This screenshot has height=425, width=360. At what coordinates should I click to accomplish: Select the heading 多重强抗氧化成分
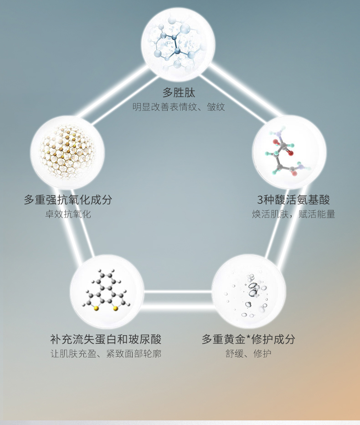[x=68, y=200]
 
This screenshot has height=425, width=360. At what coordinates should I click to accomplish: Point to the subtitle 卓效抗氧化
[x=68, y=214]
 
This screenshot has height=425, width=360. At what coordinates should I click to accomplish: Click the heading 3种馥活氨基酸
[x=293, y=200]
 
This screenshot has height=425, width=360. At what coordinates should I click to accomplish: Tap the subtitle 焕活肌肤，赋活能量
[x=293, y=214]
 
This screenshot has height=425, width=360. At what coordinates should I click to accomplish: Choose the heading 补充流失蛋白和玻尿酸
[x=106, y=339]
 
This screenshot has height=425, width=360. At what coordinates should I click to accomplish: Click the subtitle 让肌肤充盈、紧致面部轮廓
[x=106, y=354]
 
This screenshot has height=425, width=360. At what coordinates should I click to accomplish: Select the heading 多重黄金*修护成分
[x=248, y=339]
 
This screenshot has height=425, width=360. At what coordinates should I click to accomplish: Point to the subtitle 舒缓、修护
[x=248, y=354]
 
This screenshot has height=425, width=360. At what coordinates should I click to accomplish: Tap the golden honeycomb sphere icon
[x=67, y=152]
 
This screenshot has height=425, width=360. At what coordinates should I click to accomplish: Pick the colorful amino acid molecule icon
[x=289, y=152]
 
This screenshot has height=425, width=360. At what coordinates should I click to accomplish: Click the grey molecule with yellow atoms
[x=107, y=292]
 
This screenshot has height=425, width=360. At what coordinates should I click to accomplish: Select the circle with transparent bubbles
[x=249, y=292]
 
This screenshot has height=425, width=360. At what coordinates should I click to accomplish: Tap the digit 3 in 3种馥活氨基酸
[x=260, y=200]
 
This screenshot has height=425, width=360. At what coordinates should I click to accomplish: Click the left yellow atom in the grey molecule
[x=96, y=309]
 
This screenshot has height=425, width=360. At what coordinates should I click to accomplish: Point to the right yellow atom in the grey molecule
[x=115, y=309]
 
